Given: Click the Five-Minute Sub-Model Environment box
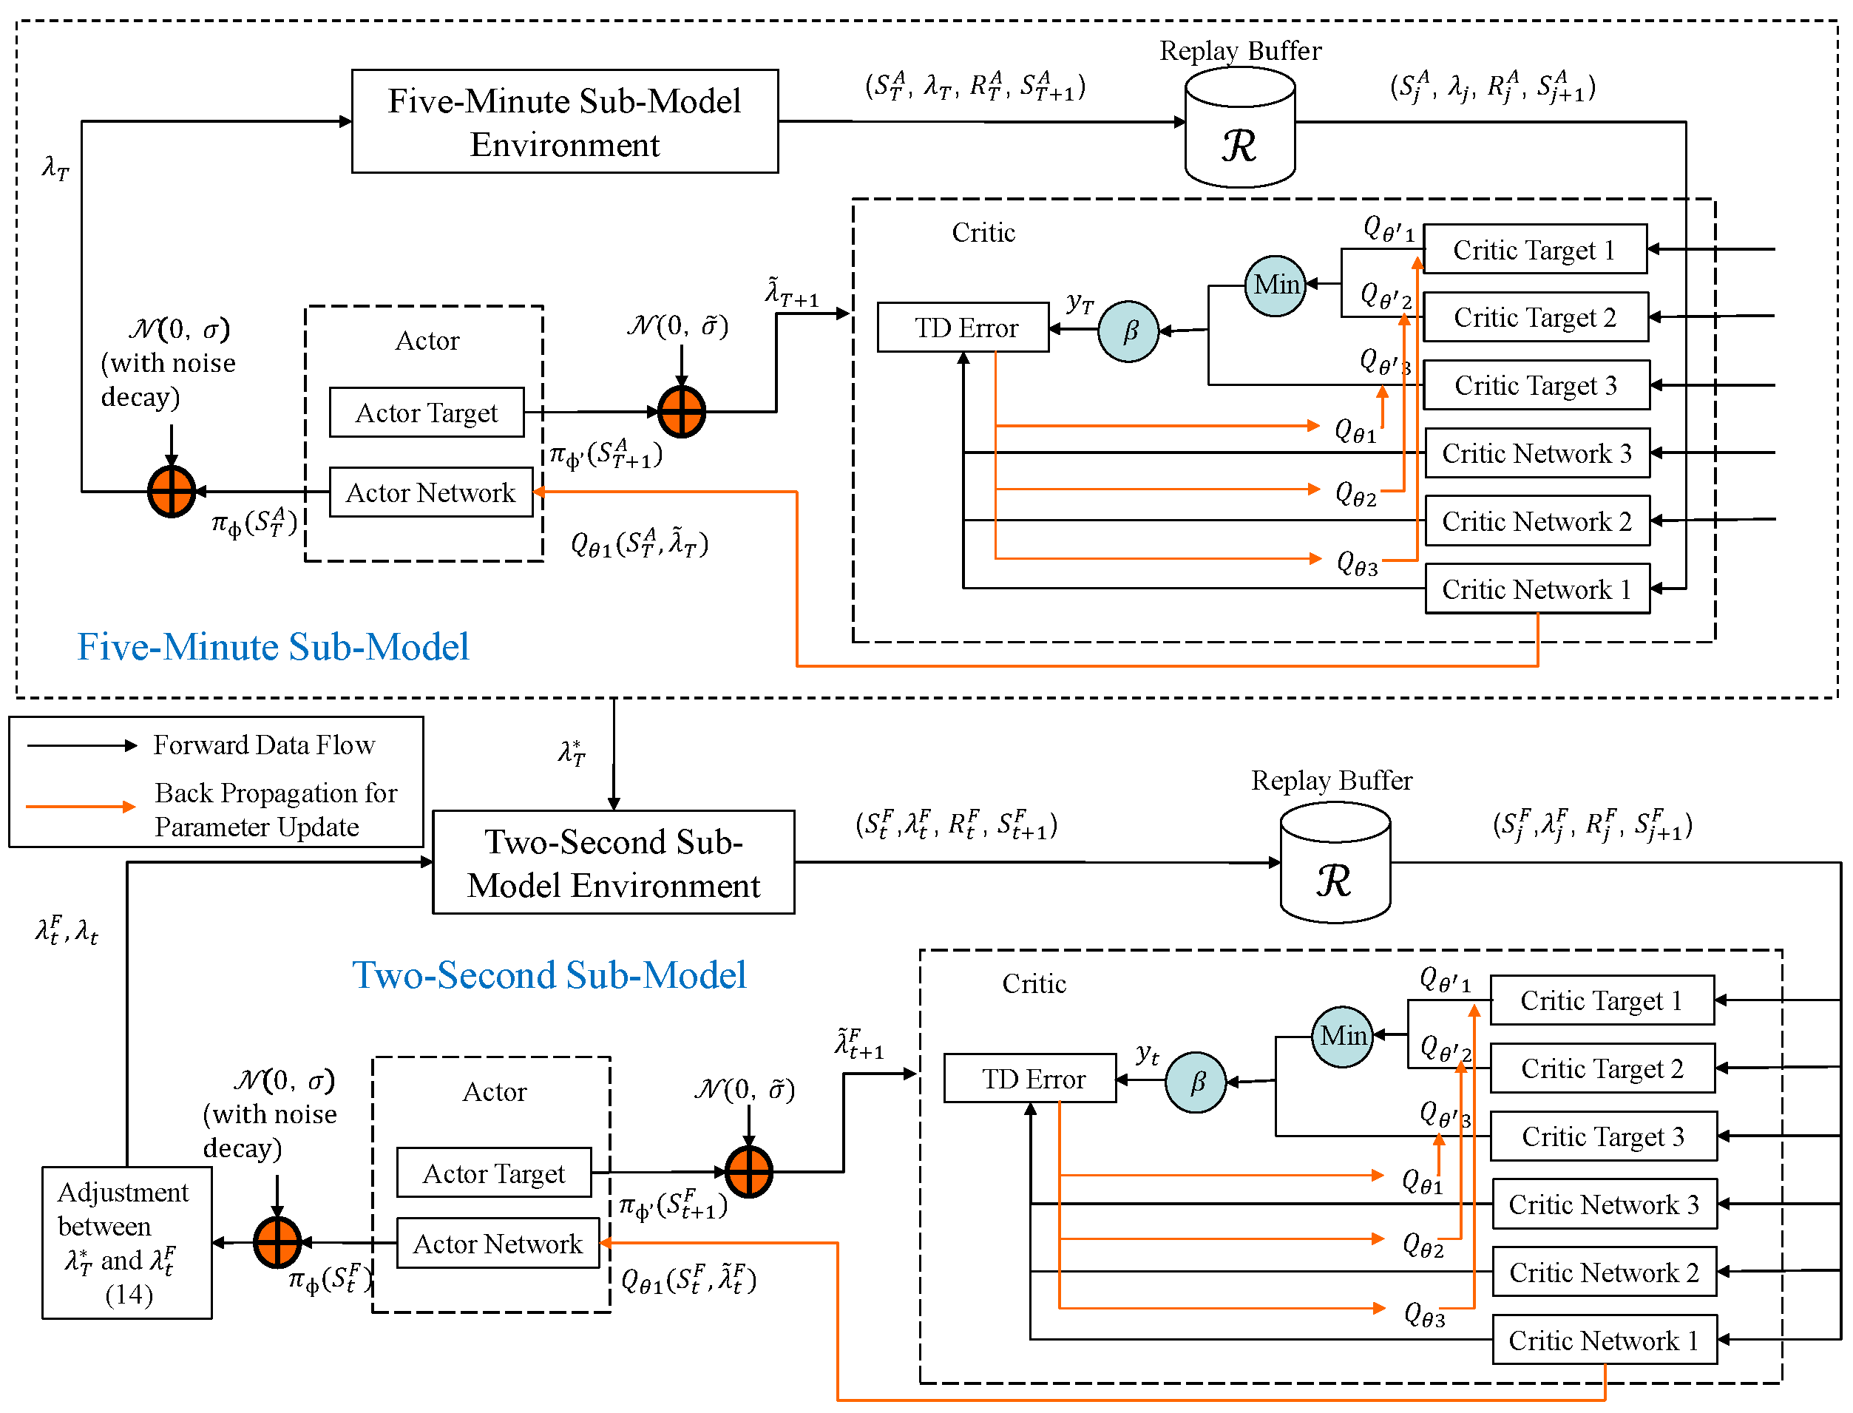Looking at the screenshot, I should coord(564,122).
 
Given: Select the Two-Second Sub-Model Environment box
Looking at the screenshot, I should coord(613,862).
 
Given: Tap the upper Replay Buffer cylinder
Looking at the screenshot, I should coord(1239,128).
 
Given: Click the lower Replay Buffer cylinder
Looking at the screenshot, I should coord(1335,864).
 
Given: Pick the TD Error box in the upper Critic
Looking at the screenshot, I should coord(963,327).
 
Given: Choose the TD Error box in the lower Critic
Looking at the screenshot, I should coord(1030,1078).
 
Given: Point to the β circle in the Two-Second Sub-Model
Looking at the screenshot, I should coord(1195,1082).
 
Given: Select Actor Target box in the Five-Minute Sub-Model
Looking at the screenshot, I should coord(427,412).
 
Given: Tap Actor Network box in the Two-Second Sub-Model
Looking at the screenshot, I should coord(497,1243).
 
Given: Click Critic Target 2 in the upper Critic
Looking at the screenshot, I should coord(1535,317).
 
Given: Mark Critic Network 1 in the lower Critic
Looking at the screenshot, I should coord(1604,1340).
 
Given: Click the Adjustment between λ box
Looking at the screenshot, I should coord(127,1243).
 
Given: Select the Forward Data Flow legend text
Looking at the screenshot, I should coord(263,745).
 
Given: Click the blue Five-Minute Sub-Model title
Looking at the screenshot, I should coord(274,647).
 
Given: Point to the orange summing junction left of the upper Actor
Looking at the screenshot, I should coord(172,491).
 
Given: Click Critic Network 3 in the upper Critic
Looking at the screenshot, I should coord(1537,453).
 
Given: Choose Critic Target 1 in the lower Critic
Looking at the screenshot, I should coord(1602,1000).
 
